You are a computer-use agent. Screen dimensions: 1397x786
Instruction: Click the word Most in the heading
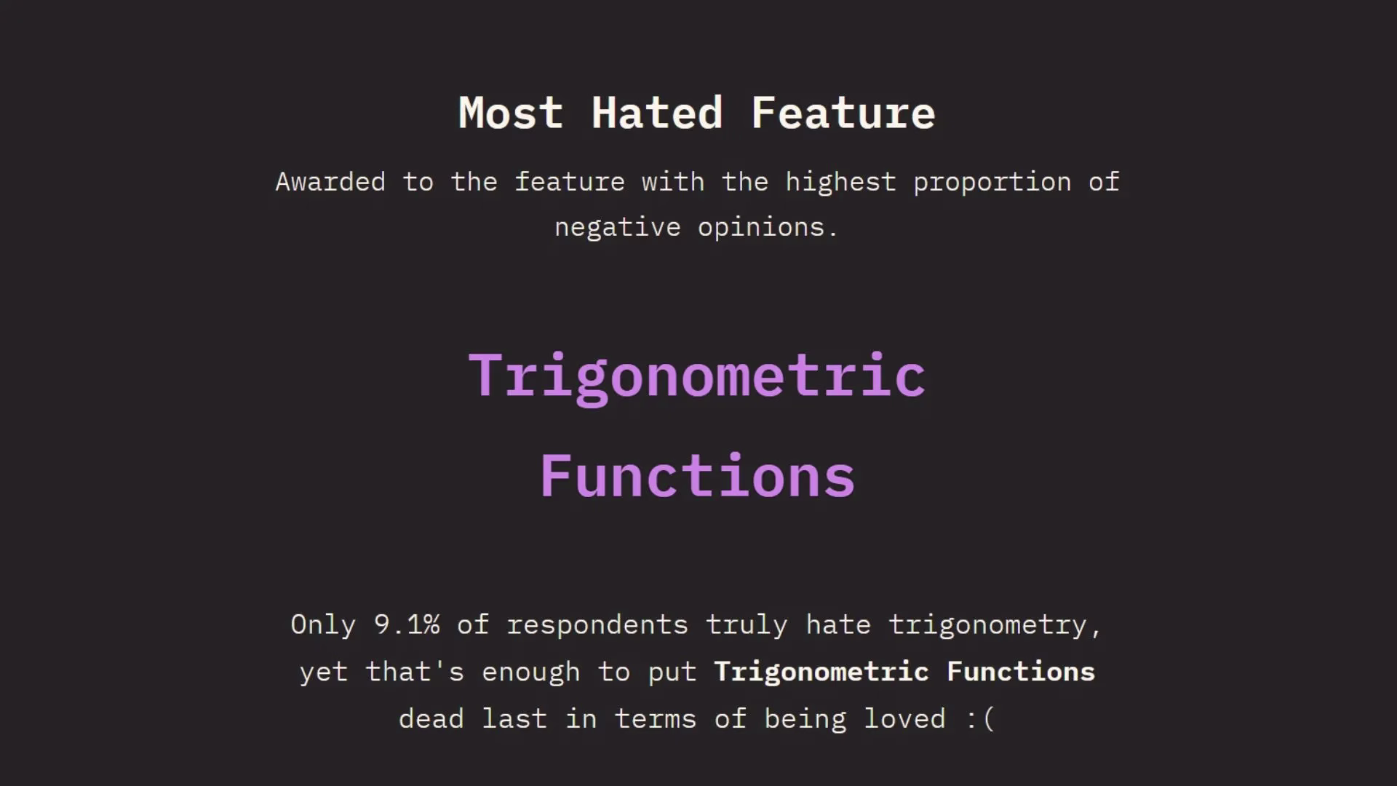(511, 114)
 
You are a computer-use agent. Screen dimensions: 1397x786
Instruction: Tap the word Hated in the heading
(657, 114)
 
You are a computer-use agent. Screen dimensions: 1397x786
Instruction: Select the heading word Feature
(843, 114)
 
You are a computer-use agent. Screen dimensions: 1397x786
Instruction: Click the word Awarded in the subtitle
(330, 181)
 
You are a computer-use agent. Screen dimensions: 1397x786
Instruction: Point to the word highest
(840, 181)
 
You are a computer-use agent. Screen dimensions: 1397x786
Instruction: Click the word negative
(618, 228)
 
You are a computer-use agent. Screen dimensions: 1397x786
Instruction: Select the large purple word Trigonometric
(696, 377)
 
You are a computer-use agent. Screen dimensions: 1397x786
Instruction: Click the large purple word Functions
(697, 476)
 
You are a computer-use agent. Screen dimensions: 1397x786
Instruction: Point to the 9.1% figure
(407, 624)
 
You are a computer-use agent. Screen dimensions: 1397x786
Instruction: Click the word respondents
(597, 625)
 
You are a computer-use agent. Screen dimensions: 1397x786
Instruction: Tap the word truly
(747, 625)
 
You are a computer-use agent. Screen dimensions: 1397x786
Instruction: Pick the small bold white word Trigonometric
(821, 672)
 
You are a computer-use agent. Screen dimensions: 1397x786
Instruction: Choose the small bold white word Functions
(1021, 672)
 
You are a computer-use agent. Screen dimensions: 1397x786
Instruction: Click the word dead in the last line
(431, 719)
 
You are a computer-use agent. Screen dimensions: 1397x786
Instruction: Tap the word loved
(905, 719)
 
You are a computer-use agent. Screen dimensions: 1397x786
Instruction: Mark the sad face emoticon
(980, 719)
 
